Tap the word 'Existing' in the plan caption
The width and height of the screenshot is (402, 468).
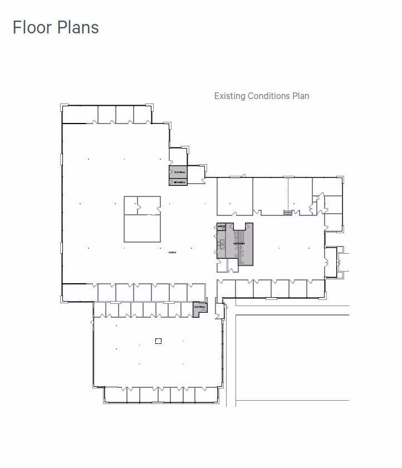point(229,96)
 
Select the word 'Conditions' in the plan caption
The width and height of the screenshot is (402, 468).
point(268,96)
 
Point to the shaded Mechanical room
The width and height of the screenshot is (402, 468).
point(179,182)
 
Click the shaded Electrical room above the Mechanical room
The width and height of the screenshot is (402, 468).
point(179,173)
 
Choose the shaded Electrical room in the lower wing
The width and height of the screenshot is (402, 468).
point(199,308)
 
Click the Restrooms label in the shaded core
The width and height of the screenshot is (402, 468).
point(239,244)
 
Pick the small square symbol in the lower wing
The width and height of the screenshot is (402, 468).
point(158,341)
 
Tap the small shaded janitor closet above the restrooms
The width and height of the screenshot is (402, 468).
point(220,226)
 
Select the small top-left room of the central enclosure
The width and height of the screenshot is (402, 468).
point(131,205)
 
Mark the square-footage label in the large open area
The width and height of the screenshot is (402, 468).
point(173,253)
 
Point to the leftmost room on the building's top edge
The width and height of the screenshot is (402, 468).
point(80,115)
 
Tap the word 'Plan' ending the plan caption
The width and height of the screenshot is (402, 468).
point(301,96)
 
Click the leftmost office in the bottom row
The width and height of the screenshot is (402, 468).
point(115,395)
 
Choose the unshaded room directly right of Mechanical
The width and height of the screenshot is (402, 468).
point(196,174)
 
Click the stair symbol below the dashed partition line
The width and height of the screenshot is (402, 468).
point(288,212)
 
